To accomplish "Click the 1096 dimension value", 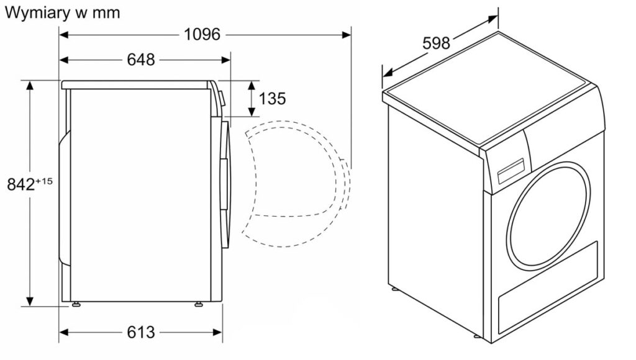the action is (202, 35).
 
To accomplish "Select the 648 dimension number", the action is (141, 60).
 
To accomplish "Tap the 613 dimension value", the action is (141, 333).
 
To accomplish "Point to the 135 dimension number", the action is (272, 99).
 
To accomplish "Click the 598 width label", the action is (437, 43).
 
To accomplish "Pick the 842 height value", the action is (21, 184).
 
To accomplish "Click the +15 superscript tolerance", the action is (44, 181).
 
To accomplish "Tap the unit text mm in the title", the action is (106, 14).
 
